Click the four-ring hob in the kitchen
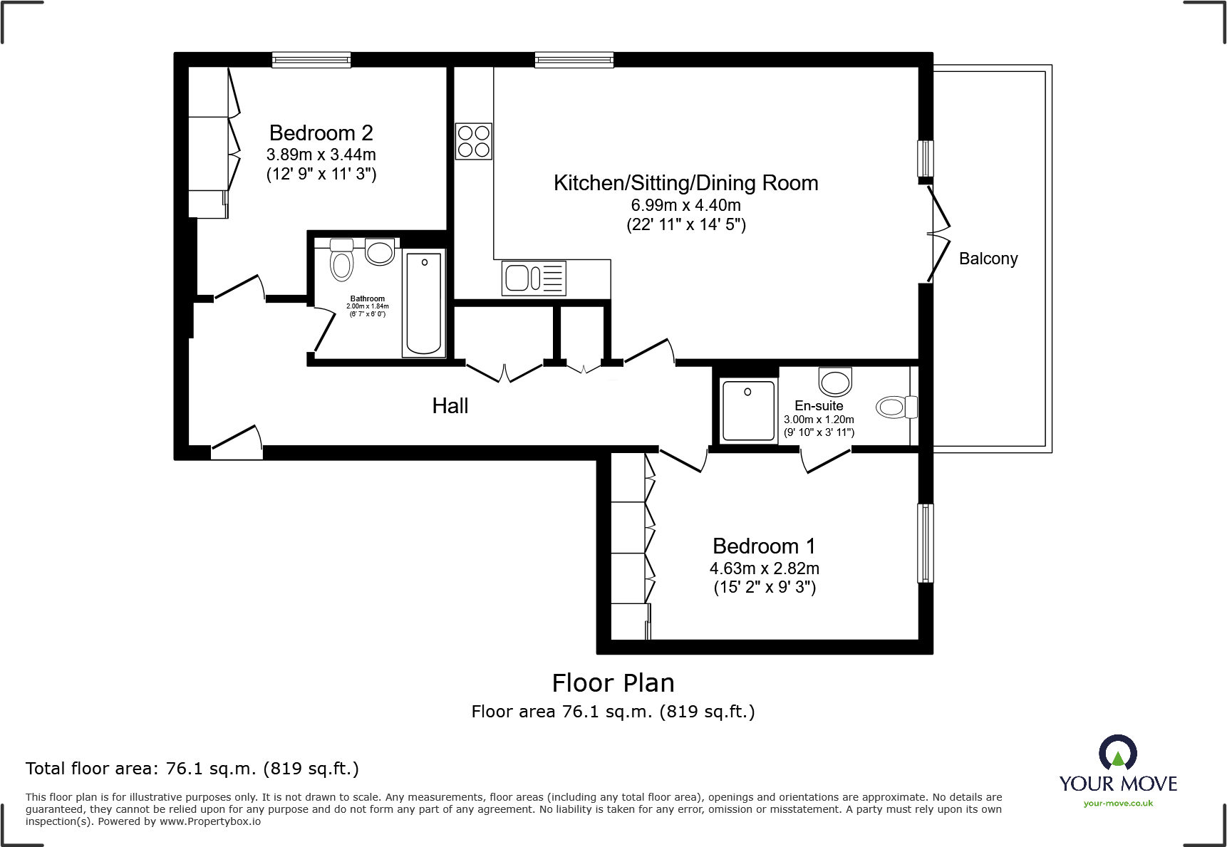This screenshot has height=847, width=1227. point(473,141)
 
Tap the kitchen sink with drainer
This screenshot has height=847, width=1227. point(534,278)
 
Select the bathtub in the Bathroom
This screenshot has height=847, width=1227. point(423,303)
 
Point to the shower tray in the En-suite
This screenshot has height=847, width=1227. point(747,410)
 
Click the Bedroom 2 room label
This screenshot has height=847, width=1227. point(321,133)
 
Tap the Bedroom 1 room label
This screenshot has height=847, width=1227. point(764,546)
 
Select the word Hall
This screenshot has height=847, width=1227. point(450,406)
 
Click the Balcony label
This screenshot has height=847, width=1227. point(988,259)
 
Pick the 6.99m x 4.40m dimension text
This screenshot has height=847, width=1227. point(685,205)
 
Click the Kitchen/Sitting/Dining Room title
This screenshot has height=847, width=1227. point(685,183)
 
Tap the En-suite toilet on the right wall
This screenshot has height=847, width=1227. point(896,407)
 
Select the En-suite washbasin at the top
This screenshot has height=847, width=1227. point(835,381)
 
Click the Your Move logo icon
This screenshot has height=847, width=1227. point(1117,753)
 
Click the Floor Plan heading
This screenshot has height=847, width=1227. point(613,683)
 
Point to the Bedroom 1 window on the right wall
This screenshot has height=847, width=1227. point(925,543)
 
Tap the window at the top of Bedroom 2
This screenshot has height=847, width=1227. point(311,60)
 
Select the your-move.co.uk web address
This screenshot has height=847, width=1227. point(1118,804)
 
